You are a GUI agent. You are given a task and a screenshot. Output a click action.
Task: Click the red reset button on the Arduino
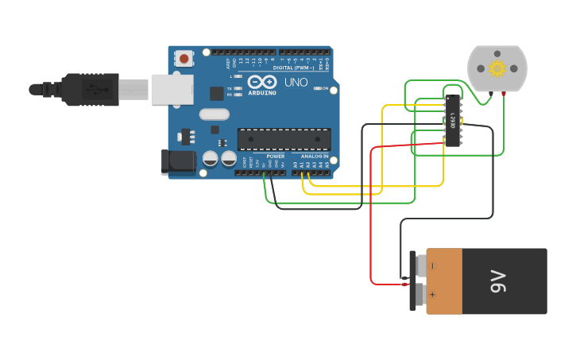(184, 58)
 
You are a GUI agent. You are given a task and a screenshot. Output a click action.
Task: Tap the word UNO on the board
(296, 82)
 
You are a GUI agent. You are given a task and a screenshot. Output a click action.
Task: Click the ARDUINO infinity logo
(262, 81)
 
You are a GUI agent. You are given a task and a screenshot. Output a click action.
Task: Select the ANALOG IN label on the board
(314, 156)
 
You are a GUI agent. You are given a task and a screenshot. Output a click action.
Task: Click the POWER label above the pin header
(276, 156)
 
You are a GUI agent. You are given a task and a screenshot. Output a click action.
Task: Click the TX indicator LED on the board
(238, 88)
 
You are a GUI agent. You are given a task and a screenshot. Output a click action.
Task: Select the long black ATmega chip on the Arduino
(284, 139)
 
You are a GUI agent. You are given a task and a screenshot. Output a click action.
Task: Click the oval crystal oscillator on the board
(215, 114)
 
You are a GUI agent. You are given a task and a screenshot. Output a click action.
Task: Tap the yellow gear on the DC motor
(497, 68)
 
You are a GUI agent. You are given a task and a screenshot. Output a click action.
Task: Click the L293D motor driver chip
(452, 121)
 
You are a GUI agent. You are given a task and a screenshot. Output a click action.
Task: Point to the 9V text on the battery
(497, 281)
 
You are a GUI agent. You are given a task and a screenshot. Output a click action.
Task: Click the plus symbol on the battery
(432, 295)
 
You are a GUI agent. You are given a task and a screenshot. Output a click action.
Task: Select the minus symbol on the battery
(432, 265)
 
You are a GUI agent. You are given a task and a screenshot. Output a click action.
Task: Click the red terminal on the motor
(504, 95)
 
